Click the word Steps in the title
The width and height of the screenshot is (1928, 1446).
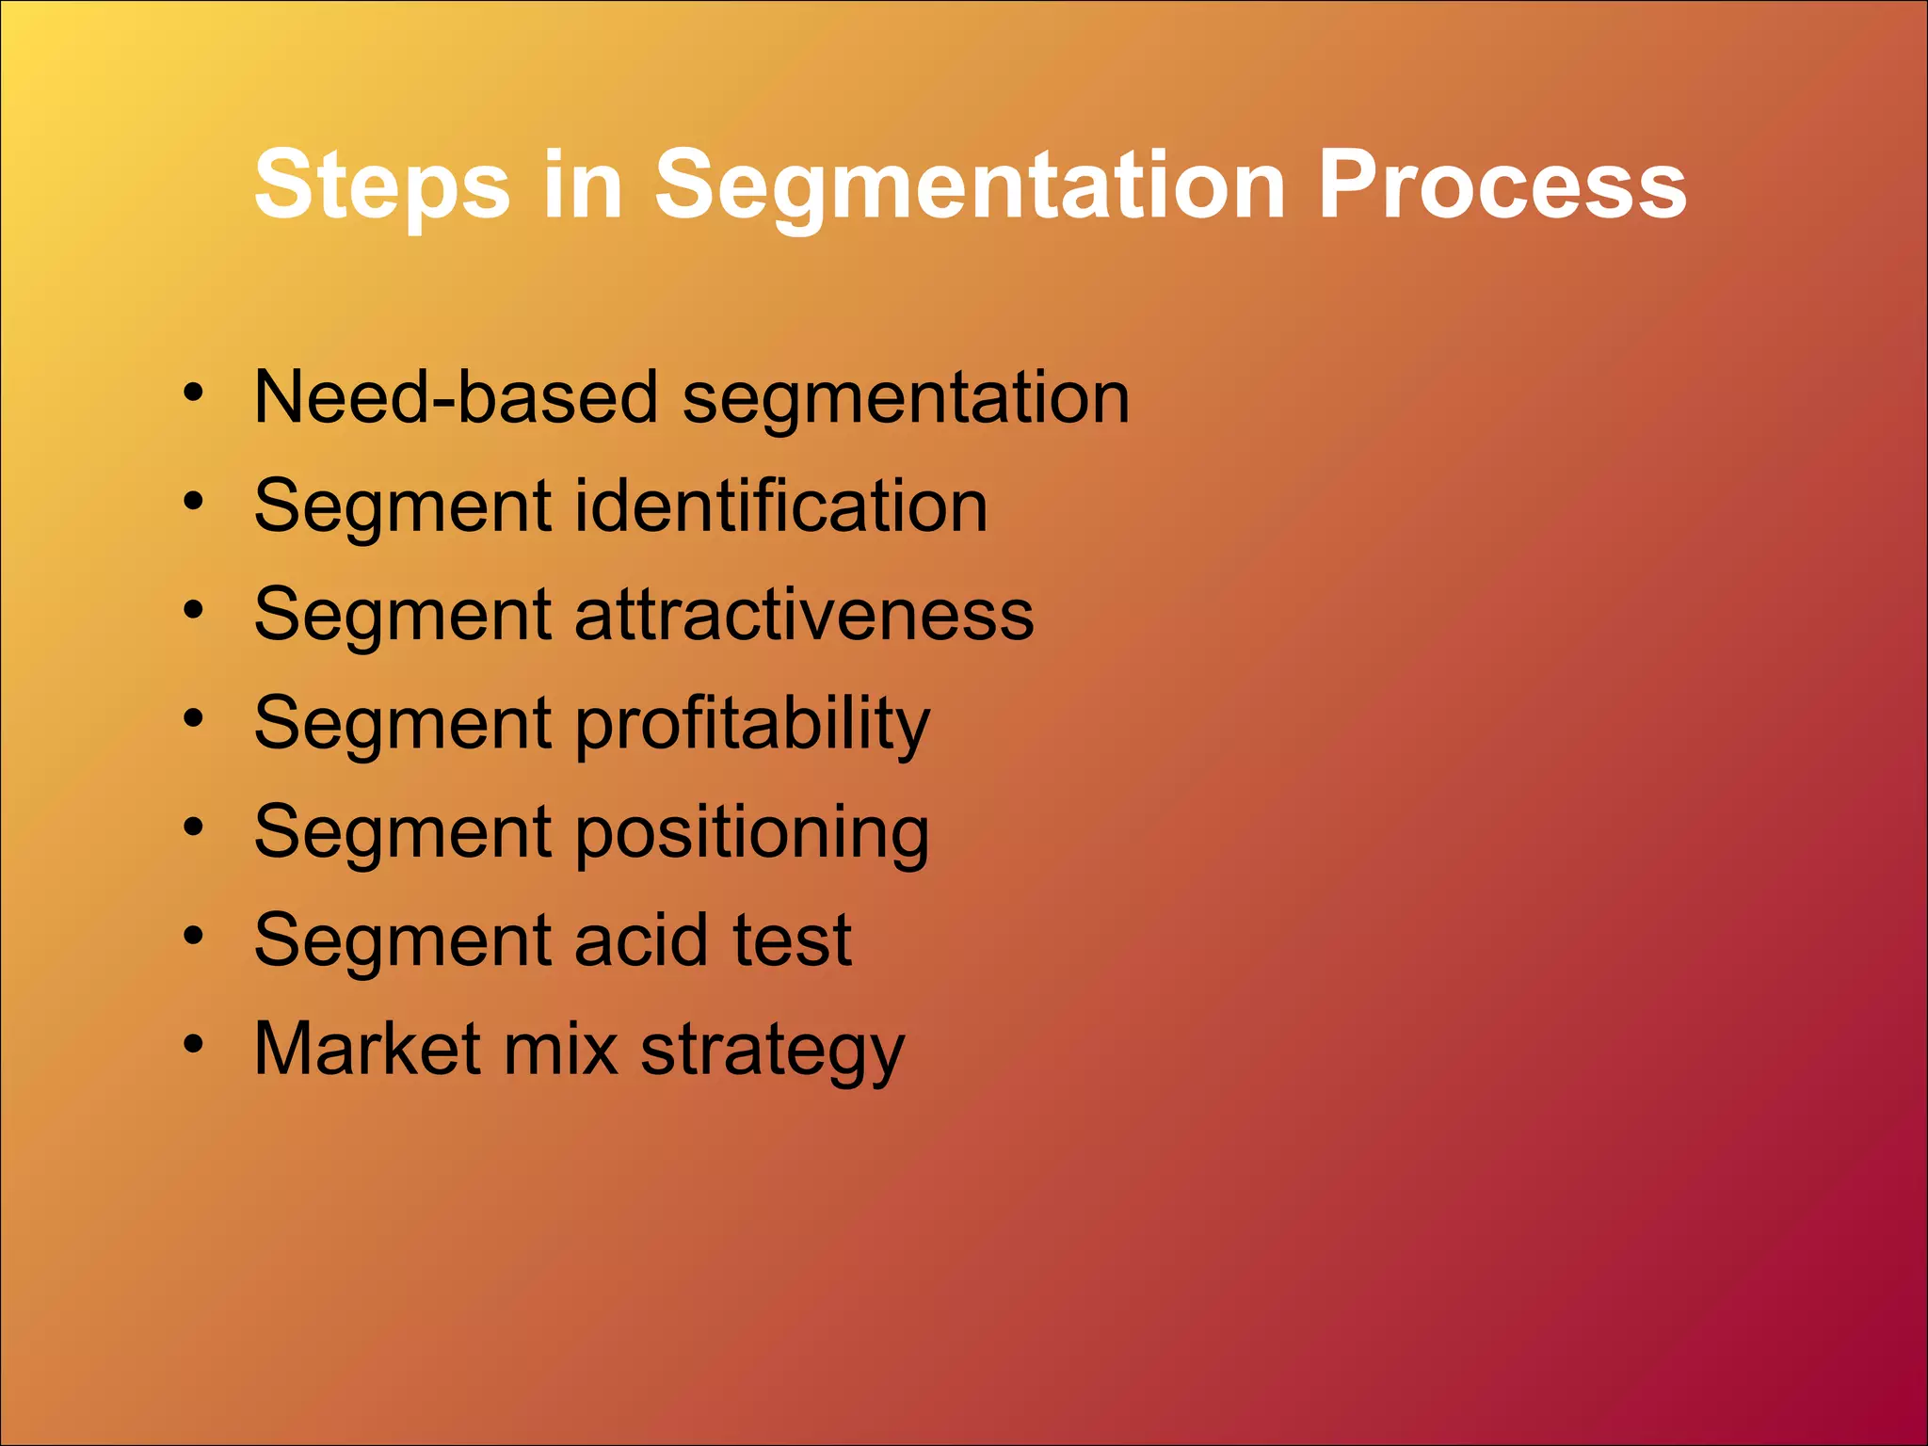point(381,186)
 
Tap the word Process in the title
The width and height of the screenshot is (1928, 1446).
point(1501,186)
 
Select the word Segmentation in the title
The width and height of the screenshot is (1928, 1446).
point(970,186)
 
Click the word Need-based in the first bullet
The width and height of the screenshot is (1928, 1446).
point(456,397)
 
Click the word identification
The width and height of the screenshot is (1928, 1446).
point(780,506)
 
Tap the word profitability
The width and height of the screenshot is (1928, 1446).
point(751,724)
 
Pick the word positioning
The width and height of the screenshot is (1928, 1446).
point(751,833)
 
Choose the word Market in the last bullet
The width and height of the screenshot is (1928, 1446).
point(367,1049)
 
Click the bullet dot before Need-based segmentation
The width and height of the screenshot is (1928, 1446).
point(193,394)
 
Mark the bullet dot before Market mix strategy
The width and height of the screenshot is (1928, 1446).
point(193,1045)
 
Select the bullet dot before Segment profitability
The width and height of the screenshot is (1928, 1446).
point(193,719)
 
